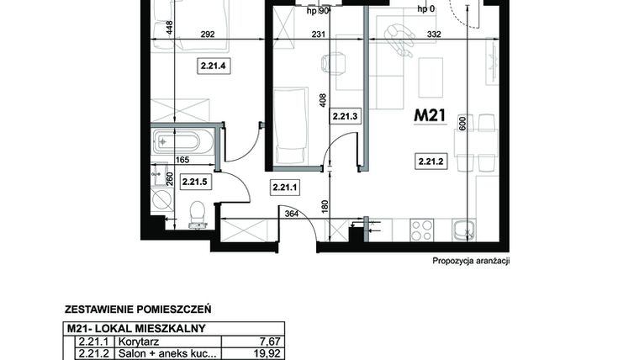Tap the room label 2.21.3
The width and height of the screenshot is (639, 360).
pos(345,117)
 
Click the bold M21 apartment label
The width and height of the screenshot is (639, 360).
pos(429,117)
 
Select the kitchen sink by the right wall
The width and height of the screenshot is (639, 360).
pos(462,229)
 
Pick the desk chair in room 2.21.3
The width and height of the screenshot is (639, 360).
pos(334,62)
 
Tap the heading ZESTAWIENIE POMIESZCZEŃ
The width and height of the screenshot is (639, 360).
pos(137,309)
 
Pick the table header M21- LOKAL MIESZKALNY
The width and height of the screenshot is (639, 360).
pos(136,328)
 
